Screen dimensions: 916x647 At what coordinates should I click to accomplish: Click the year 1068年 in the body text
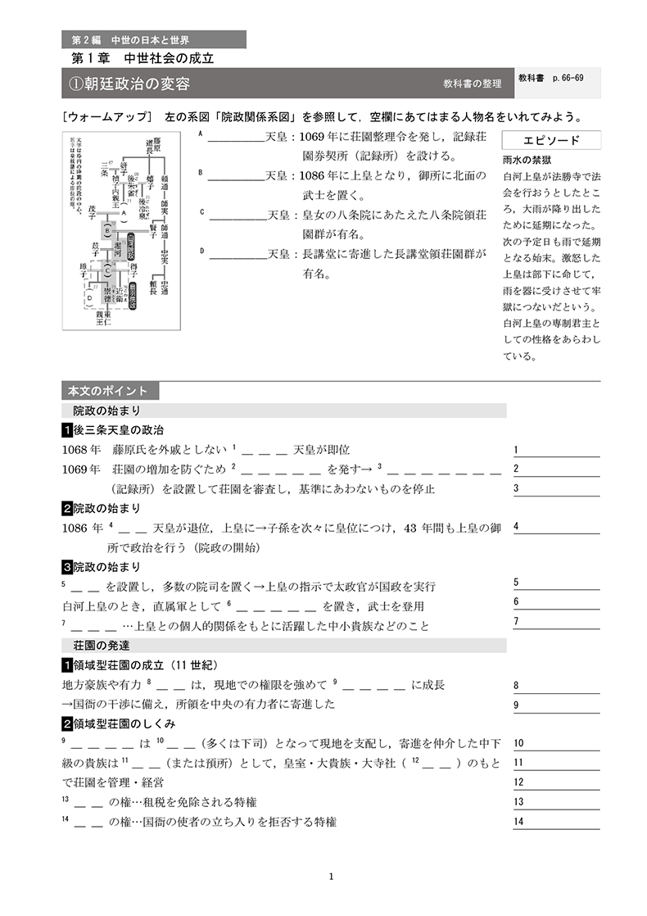coord(81,449)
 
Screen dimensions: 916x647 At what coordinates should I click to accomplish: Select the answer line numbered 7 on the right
coord(556,621)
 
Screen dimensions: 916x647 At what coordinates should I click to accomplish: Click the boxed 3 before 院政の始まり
coord(67,566)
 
